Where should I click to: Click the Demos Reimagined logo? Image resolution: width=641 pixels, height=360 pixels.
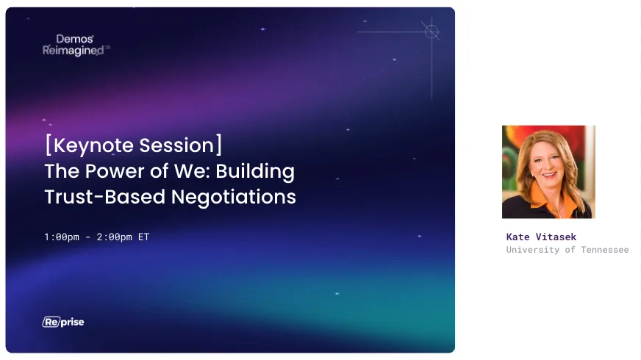tap(76, 45)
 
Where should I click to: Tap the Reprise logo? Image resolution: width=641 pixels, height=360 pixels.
tap(63, 322)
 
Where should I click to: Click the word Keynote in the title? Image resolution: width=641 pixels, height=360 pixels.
tap(93, 146)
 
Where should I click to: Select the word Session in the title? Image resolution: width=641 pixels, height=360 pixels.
tap(176, 145)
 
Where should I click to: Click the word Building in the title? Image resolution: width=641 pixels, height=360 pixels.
tap(255, 172)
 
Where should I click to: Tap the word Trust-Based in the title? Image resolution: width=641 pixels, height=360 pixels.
tap(104, 197)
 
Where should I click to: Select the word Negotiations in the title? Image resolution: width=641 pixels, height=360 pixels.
tap(234, 197)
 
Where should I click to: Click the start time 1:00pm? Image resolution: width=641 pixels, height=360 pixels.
tap(62, 237)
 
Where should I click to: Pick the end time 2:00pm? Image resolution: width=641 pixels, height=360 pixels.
tap(115, 237)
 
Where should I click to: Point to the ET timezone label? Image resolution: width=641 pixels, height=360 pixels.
tap(143, 237)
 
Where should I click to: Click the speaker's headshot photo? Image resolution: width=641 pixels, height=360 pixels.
tap(548, 172)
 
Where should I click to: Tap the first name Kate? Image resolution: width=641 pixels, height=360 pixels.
tap(518, 237)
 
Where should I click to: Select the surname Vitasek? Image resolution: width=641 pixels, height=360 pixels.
tap(556, 237)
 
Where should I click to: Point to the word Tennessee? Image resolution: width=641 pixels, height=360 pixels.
tap(605, 250)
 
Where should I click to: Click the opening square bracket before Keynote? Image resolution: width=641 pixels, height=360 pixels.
tap(49, 145)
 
